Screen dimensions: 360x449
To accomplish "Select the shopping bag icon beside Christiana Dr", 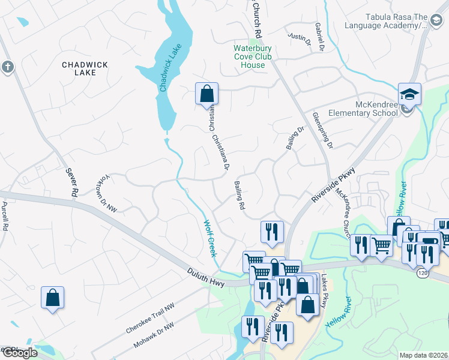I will click(x=206, y=94).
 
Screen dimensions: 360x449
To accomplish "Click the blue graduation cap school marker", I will click(x=409, y=95).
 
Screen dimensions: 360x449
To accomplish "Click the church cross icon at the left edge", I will click(x=7, y=67).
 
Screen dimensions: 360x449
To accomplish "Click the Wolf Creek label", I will click(x=208, y=239).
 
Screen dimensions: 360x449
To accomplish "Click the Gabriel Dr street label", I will click(x=320, y=37).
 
